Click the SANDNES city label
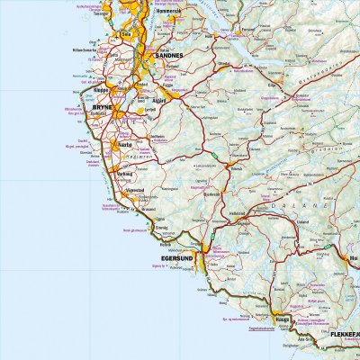tap(168, 56)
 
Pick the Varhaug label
tap(124, 174)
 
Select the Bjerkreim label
tap(211, 192)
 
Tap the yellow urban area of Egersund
tap(204, 248)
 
